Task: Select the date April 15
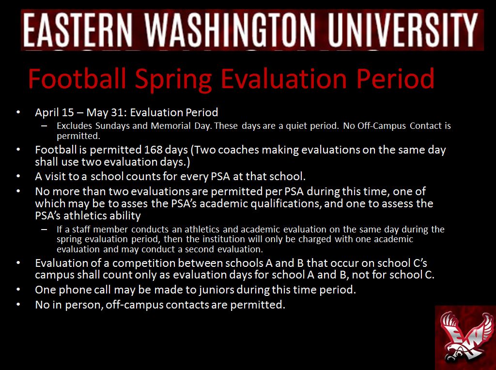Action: coord(54,113)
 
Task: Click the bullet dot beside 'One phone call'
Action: coord(18,290)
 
